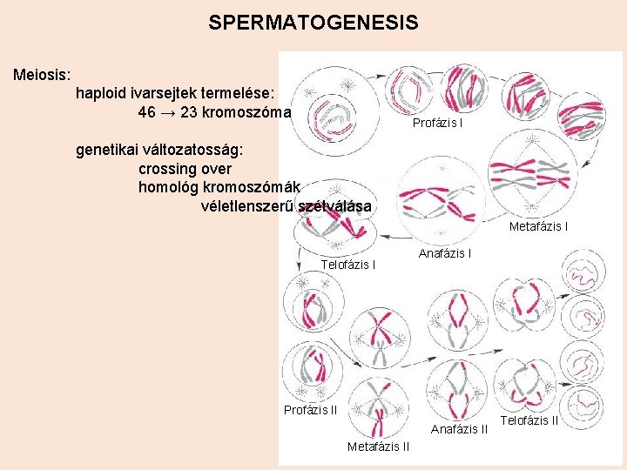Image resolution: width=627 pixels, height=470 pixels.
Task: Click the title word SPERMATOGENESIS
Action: (313, 23)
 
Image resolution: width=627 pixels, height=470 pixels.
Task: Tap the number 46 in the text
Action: (147, 112)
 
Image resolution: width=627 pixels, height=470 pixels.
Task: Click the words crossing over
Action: (185, 168)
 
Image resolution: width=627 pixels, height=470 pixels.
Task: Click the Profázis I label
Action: (437, 123)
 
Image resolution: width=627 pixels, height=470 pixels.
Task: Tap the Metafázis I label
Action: (538, 227)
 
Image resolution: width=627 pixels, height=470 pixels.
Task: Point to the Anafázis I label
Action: (445, 254)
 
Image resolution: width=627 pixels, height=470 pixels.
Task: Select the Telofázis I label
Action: (348, 264)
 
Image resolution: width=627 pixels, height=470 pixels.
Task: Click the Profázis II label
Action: (310, 410)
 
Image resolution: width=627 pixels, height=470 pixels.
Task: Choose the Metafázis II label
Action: (378, 447)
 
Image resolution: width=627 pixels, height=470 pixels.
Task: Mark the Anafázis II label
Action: (459, 428)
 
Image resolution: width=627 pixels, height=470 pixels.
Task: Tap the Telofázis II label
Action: (529, 420)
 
